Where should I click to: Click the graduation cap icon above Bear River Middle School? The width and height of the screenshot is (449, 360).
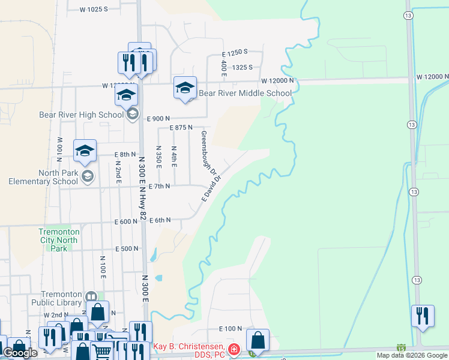185,88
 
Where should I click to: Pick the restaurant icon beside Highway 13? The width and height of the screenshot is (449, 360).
423,316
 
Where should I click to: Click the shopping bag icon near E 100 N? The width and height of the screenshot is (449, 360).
258,340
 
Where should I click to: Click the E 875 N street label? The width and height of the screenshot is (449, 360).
181,128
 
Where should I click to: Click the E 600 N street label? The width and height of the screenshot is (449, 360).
127,222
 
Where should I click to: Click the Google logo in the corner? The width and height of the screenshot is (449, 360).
20,353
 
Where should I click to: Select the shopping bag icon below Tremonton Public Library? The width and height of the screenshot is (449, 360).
97,311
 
